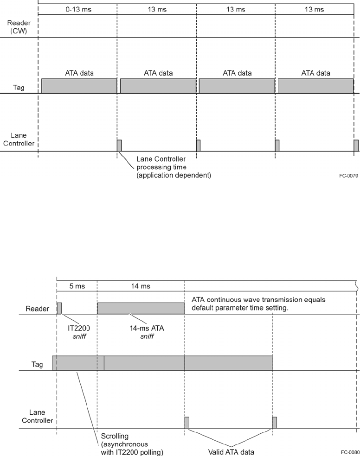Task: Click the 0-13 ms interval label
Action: tap(77, 10)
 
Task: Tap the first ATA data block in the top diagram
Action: tap(79, 86)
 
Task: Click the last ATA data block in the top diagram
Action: tap(315, 86)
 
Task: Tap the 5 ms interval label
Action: tap(77, 286)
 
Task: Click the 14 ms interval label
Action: tap(140, 286)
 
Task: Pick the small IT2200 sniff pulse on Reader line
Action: tap(59, 308)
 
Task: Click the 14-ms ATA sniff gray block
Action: tap(141, 308)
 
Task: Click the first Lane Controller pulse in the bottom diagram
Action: tap(186, 422)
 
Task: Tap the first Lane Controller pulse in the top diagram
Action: tap(119, 145)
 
